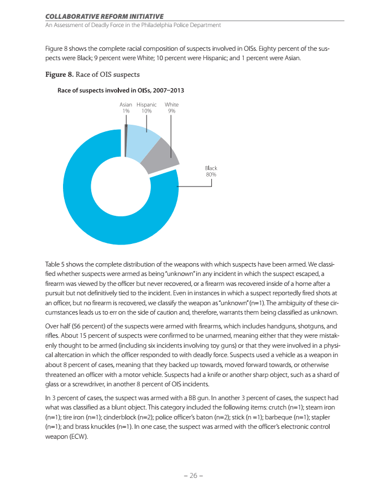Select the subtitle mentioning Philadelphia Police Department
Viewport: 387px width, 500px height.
pyautogui.click(x=133, y=25)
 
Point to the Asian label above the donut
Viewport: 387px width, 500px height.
pyautogui.click(x=126, y=104)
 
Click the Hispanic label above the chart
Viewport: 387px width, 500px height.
pyautogui.click(x=147, y=104)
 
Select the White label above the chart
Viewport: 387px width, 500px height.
pyautogui.click(x=171, y=104)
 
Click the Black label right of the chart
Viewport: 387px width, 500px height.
pyautogui.click(x=211, y=168)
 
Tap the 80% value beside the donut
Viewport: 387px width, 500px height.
pyautogui.click(x=211, y=174)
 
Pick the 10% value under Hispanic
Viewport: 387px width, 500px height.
pyautogui.click(x=147, y=110)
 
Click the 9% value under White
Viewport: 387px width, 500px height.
pyautogui.click(x=171, y=110)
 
